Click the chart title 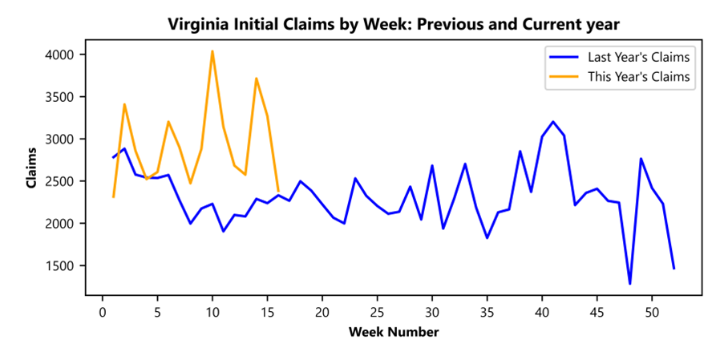tap(394, 24)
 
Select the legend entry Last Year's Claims tap(638, 57)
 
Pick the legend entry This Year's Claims tap(638, 77)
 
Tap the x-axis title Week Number tap(394, 331)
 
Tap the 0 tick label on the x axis tap(103, 311)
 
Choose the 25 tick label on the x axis tap(377, 311)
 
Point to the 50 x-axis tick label tap(652, 311)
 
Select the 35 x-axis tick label tap(487, 311)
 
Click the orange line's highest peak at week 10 tap(212, 51)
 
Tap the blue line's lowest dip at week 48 tap(629, 283)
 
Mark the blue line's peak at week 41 tap(552, 122)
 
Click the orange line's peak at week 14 tap(256, 79)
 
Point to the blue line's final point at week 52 tap(673, 269)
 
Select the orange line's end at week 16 tap(278, 191)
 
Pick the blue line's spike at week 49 tap(641, 159)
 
